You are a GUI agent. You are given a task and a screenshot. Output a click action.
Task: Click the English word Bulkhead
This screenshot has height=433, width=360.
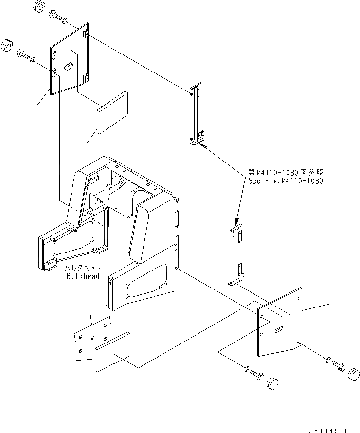point(83,276)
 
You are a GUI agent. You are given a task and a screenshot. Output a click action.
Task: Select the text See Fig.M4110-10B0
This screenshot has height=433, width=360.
point(285,180)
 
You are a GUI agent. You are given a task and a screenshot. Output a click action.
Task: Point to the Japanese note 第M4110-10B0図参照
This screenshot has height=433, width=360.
point(285,173)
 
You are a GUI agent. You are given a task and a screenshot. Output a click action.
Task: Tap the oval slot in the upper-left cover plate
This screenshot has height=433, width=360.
point(68,64)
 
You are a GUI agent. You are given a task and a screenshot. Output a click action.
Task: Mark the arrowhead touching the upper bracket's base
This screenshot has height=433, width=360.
point(203,144)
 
